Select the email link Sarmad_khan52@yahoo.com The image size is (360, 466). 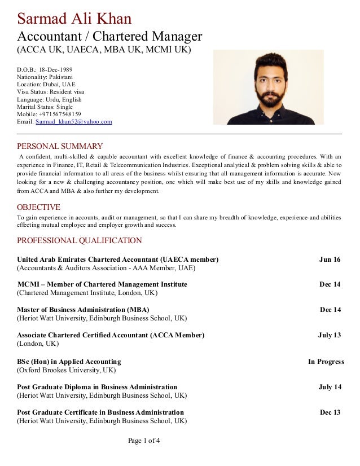pos(73,121)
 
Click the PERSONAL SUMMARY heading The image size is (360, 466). pos(60,146)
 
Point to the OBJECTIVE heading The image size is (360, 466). pos(38,207)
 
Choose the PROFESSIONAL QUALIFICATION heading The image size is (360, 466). pos(79,240)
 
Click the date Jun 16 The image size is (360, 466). pos(330,260)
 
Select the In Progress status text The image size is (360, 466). pos(326,362)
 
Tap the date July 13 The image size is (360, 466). pos(329,335)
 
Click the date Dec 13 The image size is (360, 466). pos(330,412)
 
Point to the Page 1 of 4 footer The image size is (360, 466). pos(144,440)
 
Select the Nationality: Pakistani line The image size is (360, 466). pos(45,77)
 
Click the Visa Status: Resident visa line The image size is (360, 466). pos(50,92)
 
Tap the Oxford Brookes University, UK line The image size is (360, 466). pos(66,370)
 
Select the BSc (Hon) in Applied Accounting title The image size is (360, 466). pos(69,362)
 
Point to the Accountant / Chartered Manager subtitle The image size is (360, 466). pos(109,37)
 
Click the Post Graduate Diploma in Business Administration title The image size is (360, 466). pos(97,387)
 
